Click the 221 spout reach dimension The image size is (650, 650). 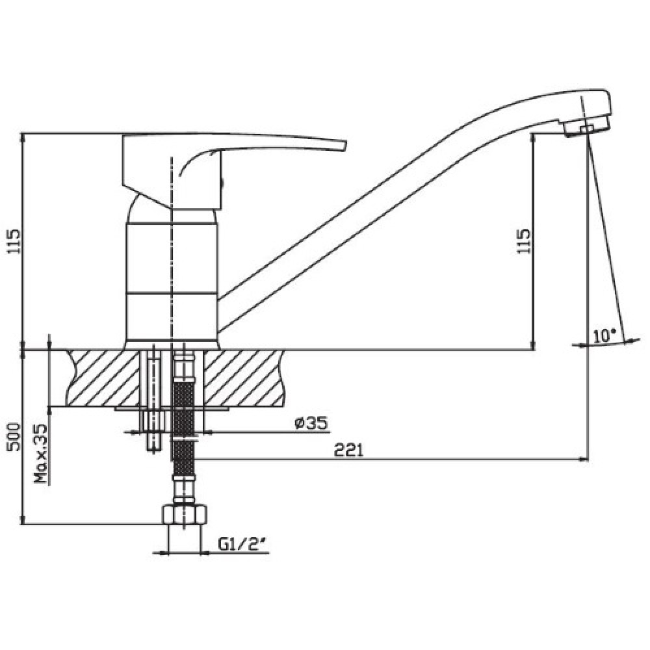click(348, 450)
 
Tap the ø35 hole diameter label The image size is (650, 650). click(311, 423)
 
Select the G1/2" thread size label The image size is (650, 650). click(241, 544)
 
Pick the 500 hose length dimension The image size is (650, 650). click(14, 437)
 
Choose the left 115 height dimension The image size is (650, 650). click(14, 241)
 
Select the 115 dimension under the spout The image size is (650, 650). click(523, 241)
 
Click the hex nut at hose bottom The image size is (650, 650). click(184, 514)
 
